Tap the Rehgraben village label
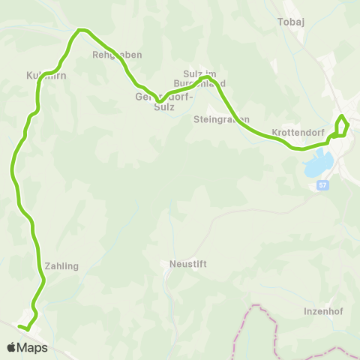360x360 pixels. coord(116,55)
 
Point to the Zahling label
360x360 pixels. coord(61,265)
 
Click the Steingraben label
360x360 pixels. coord(221,119)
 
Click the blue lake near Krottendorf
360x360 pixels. coord(318,163)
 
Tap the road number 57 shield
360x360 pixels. coord(322,185)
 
